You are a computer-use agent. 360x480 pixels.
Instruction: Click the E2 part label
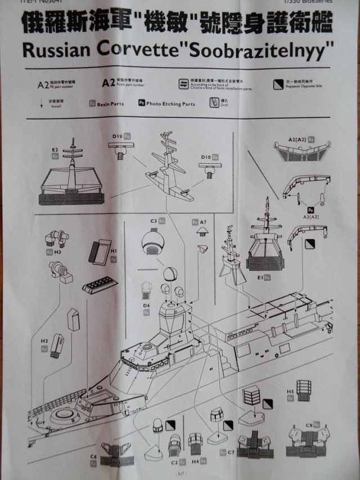(x=55, y=150)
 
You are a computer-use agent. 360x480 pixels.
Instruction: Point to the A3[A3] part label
(x=310, y=216)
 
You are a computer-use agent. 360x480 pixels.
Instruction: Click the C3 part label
(x=153, y=222)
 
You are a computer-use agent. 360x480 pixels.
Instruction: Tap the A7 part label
(x=203, y=222)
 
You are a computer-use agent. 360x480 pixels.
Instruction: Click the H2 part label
(x=44, y=341)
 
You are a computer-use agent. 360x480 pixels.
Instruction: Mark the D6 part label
(x=146, y=305)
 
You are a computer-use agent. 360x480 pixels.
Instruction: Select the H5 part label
(x=291, y=391)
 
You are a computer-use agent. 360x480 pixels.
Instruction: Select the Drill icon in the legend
(x=214, y=102)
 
